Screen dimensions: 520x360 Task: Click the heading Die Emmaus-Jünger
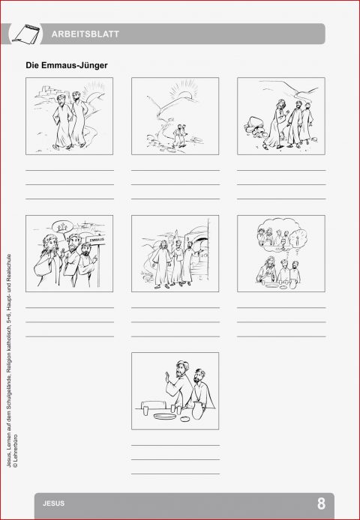pyautogui.click(x=67, y=66)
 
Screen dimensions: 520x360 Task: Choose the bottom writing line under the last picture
pyautogui.click(x=175, y=474)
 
